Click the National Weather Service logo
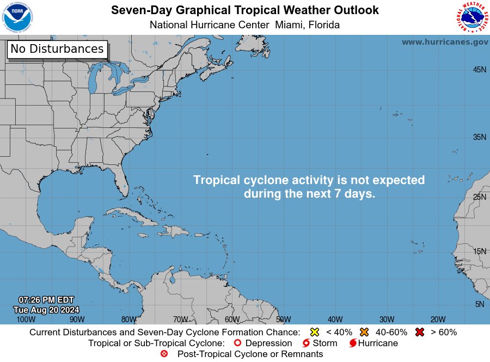pyautogui.click(x=471, y=17)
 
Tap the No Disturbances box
pyautogui.click(x=57, y=49)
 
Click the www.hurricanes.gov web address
pyautogui.click(x=445, y=42)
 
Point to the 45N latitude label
pyautogui.click(x=479, y=70)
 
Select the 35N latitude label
pyautogui.click(x=479, y=137)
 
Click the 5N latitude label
pyautogui.click(x=480, y=304)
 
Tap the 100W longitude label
pyautogui.click(x=26, y=320)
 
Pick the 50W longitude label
pyautogui.click(x=283, y=320)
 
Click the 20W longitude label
pyautogui.click(x=438, y=320)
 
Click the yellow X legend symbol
pyautogui.click(x=314, y=332)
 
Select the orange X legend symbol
pyautogui.click(x=364, y=332)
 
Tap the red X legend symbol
pyautogui.click(x=420, y=332)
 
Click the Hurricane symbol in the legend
pyautogui.click(x=353, y=343)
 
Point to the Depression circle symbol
pyautogui.click(x=237, y=343)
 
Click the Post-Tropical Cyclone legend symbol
pyautogui.click(x=164, y=354)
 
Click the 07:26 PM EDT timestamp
pyautogui.click(x=46, y=300)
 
